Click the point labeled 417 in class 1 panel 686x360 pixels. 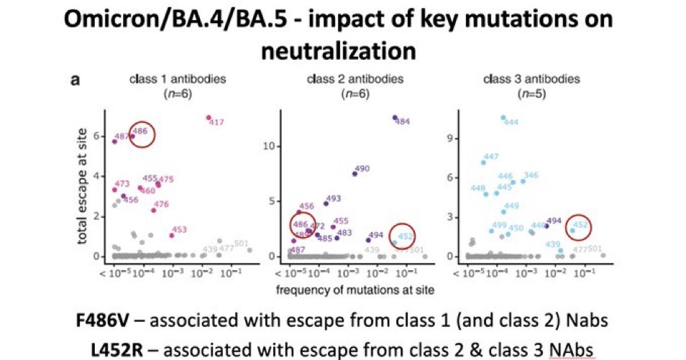[209, 117]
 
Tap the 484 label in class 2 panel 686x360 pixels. [403, 121]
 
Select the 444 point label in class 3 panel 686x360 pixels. [511, 123]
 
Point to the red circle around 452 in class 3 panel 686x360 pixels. [578, 226]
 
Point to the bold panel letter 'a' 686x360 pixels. [75, 80]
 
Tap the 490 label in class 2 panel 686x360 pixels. [362, 169]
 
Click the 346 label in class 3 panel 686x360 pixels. [531, 175]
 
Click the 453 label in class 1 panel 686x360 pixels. [179, 230]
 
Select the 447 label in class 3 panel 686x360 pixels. [491, 157]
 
